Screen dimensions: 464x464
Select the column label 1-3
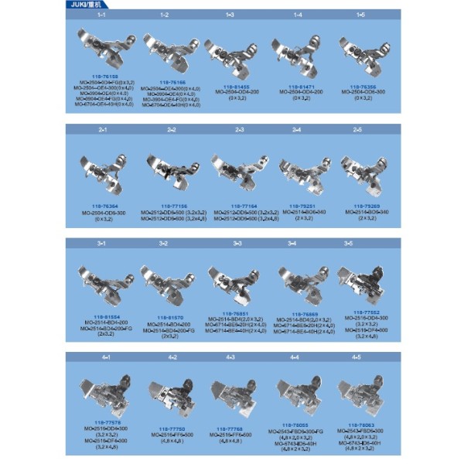[230, 15]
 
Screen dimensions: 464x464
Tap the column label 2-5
[357, 129]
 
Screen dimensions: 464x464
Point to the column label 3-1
[101, 244]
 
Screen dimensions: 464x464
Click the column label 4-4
[294, 357]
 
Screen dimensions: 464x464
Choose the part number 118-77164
[230, 205]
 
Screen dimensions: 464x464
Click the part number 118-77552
[357, 312]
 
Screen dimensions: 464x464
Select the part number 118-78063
[357, 425]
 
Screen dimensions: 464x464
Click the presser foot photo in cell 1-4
[294, 52]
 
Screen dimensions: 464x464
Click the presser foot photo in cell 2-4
[294, 169]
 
